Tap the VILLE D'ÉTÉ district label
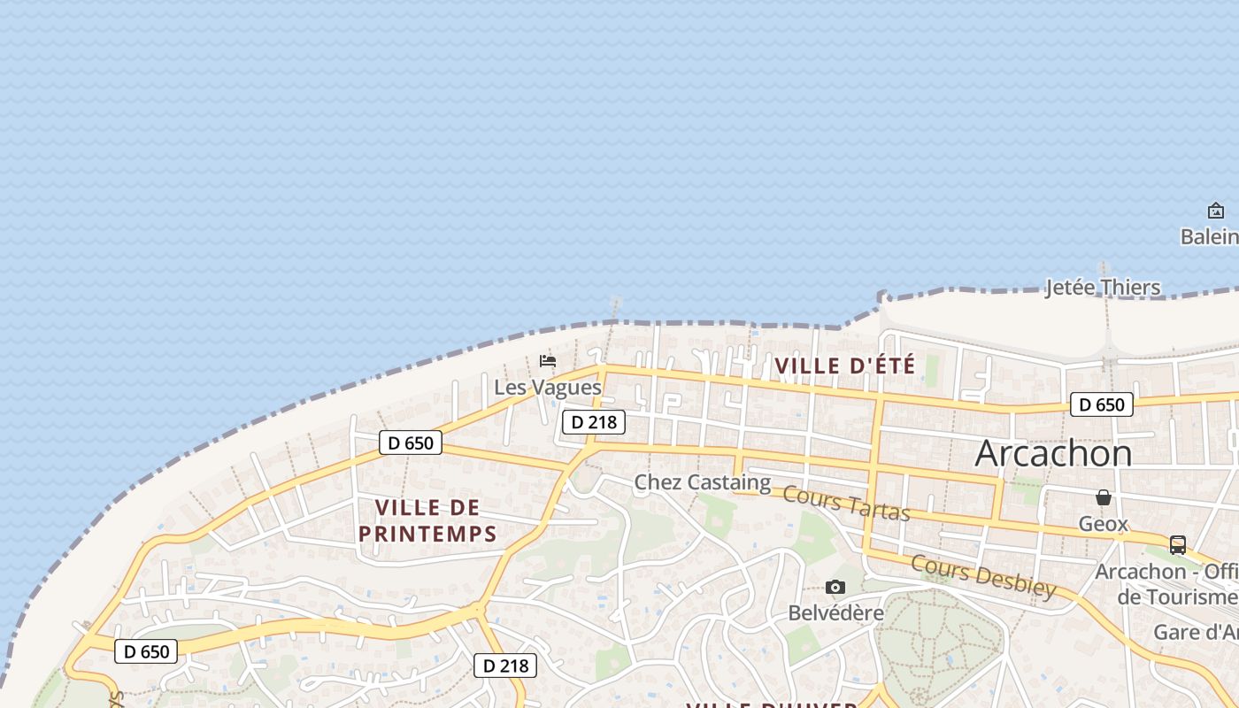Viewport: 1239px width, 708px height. [x=844, y=366]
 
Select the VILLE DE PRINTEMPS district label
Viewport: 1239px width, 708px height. [x=427, y=520]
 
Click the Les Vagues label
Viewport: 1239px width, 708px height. [x=547, y=388]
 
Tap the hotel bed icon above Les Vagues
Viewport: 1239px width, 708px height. [x=548, y=361]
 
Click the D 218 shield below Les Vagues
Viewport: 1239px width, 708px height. [x=594, y=422]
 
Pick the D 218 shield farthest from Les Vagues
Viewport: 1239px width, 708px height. [x=505, y=666]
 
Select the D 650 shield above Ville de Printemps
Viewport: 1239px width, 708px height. [x=411, y=442]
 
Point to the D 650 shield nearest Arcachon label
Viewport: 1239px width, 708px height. [x=1101, y=405]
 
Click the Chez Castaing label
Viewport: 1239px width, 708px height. [x=702, y=482]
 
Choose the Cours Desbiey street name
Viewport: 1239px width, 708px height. [x=983, y=576]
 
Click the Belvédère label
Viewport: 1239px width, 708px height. [x=835, y=612]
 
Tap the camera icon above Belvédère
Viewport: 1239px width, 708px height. [x=835, y=588]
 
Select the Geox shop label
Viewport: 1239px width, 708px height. [x=1103, y=524]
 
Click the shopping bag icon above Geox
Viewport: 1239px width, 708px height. [x=1103, y=498]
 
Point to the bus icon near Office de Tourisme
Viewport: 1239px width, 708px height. [x=1178, y=545]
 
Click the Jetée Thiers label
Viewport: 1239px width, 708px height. [x=1103, y=288]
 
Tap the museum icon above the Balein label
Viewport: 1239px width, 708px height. [x=1216, y=211]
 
